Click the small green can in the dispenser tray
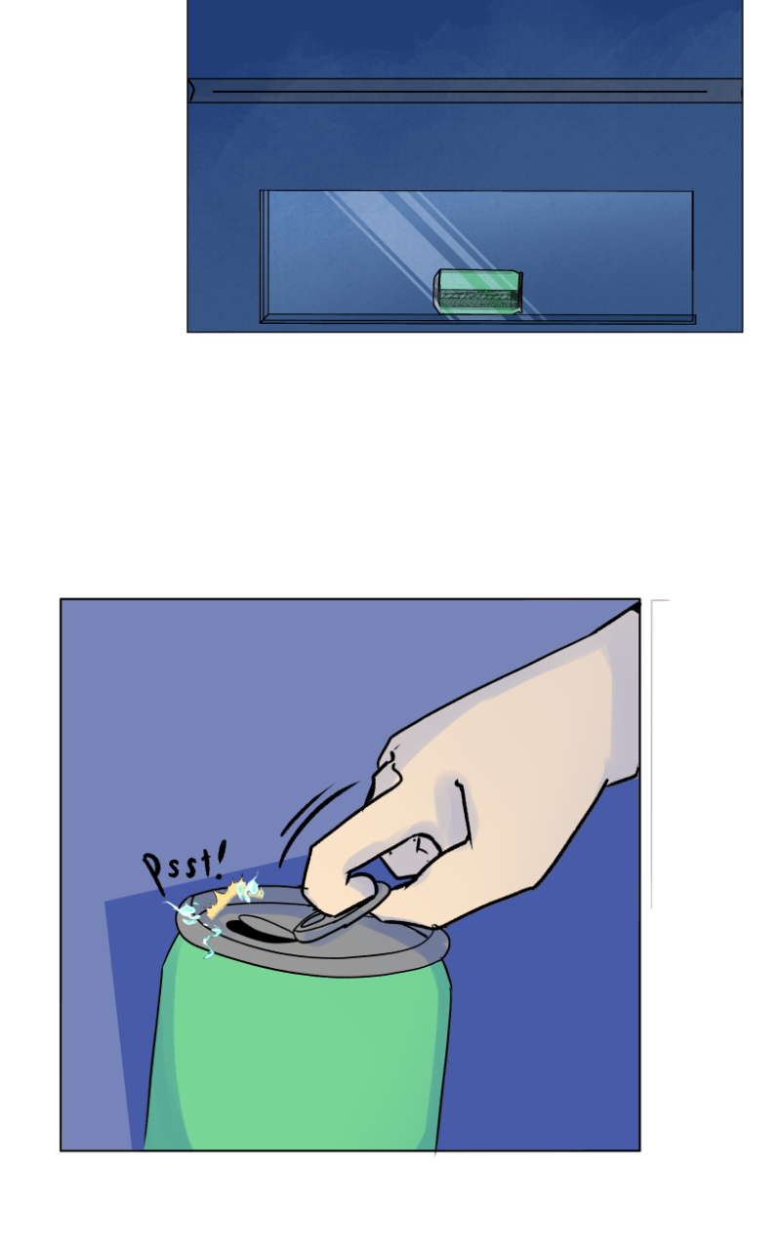tap(478, 291)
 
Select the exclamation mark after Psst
tap(220, 860)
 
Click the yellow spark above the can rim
tap(233, 896)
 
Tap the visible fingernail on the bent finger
tap(416, 854)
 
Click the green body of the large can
tap(299, 1060)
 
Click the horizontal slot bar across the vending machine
tap(465, 91)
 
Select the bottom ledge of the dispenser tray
tap(478, 319)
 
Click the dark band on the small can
tap(478, 300)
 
